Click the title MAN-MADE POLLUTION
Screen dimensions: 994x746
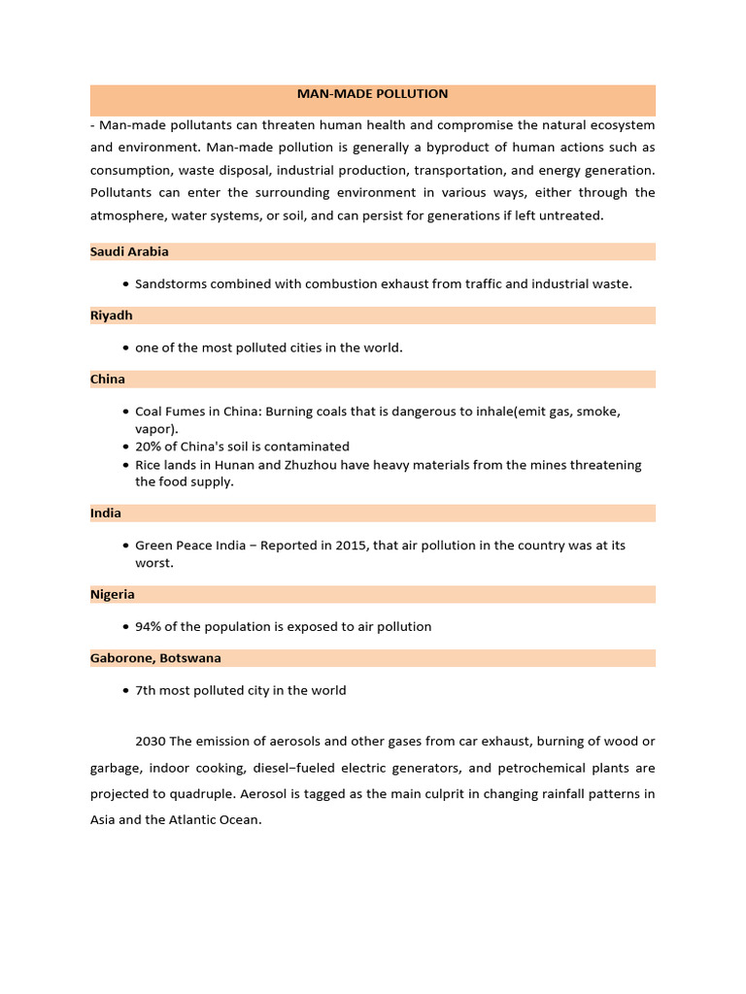(x=372, y=94)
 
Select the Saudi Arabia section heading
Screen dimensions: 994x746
(x=129, y=251)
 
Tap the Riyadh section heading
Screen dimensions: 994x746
(x=112, y=315)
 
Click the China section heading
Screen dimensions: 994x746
(x=108, y=380)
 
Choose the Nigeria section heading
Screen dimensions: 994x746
(x=113, y=594)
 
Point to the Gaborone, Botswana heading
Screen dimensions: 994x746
(x=155, y=658)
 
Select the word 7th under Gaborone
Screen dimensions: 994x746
(x=147, y=691)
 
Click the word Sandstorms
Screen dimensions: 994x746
(x=170, y=284)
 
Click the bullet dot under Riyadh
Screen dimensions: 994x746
(x=126, y=348)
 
